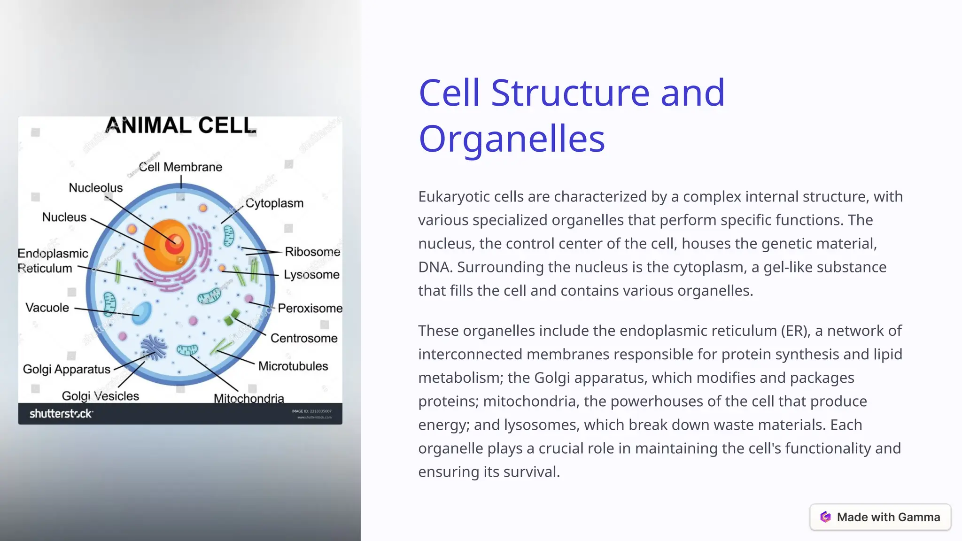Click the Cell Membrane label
tap(180, 167)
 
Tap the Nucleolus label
tap(95, 188)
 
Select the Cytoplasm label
tap(274, 203)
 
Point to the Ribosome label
tap(312, 252)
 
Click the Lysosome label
tap(311, 275)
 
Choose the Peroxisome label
tap(310, 309)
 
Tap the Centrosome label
tap(304, 339)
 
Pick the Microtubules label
tap(293, 366)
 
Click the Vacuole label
tap(47, 308)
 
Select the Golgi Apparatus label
tap(66, 370)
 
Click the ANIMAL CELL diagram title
tap(181, 126)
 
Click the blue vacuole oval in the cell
tap(141, 313)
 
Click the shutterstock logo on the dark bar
tap(61, 414)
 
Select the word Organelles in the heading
tap(512, 139)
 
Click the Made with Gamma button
tap(880, 517)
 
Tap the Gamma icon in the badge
tap(825, 517)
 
